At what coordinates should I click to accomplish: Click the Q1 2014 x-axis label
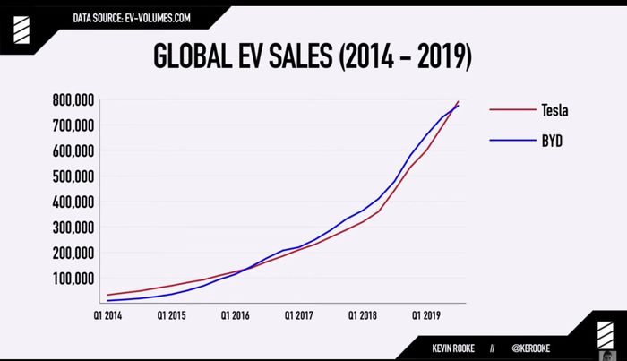(108, 315)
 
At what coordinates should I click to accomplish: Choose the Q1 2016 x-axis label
(236, 315)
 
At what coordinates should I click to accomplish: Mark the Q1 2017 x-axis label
(299, 315)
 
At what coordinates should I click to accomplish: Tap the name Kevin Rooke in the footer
(454, 345)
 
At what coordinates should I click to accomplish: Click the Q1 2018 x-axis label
(364, 315)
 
